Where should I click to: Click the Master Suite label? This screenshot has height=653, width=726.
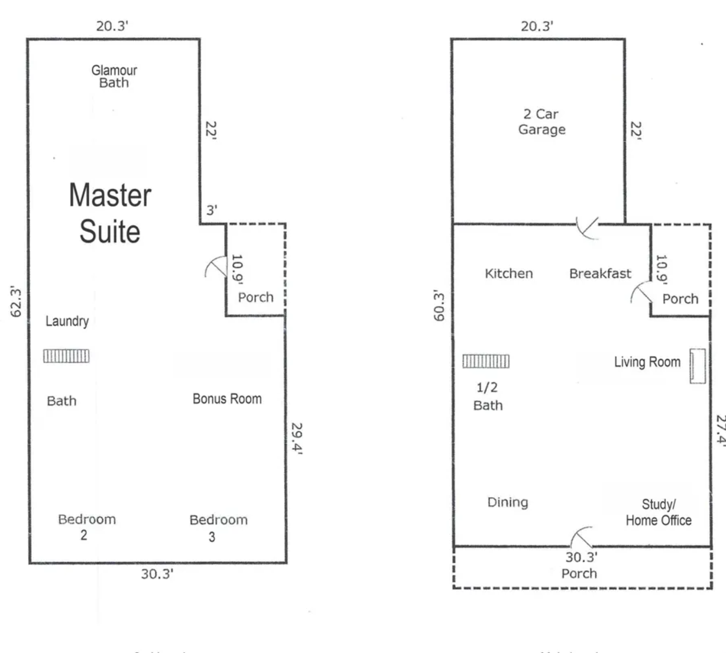pyautogui.click(x=110, y=213)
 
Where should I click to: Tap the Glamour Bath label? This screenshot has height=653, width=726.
pyautogui.click(x=114, y=76)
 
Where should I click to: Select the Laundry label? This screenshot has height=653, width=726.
pyautogui.click(x=67, y=321)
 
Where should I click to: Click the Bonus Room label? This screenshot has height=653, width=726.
pyautogui.click(x=227, y=399)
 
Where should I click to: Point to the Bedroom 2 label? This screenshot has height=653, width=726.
pyautogui.click(x=87, y=527)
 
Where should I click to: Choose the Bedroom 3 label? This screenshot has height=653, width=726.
pyautogui.click(x=218, y=528)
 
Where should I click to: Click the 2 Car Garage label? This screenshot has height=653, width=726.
pyautogui.click(x=541, y=122)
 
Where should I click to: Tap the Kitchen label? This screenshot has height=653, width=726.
pyautogui.click(x=509, y=274)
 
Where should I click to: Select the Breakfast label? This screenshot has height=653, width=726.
pyautogui.click(x=600, y=274)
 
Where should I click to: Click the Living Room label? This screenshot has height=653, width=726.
pyautogui.click(x=647, y=362)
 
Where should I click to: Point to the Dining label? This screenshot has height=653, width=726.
pyautogui.click(x=508, y=502)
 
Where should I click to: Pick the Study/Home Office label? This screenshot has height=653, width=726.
pyautogui.click(x=659, y=512)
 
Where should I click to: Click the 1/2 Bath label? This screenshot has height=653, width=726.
pyautogui.click(x=488, y=396)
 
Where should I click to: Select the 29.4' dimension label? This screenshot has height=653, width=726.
pyautogui.click(x=297, y=438)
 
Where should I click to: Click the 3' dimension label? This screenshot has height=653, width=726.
pyautogui.click(x=212, y=210)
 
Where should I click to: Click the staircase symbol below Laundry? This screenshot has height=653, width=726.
pyautogui.click(x=66, y=356)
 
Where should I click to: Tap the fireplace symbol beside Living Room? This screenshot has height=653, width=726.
pyautogui.click(x=697, y=366)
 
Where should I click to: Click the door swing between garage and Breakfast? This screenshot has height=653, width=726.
pyautogui.click(x=588, y=228)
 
